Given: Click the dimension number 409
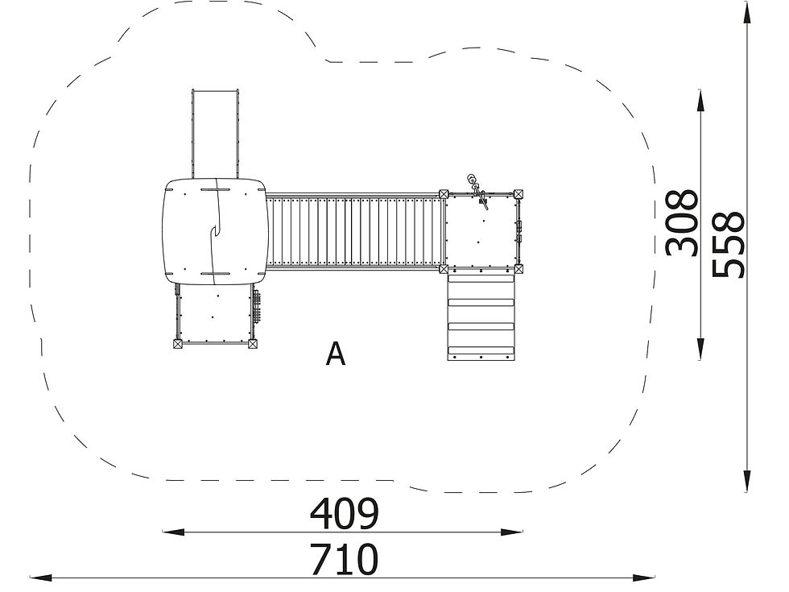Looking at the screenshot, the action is [344, 514].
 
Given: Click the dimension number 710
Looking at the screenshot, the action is [344, 559].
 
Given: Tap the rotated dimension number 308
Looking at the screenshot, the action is [683, 222].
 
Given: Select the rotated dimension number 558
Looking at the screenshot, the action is [728, 245].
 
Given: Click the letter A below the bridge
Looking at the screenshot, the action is [336, 354].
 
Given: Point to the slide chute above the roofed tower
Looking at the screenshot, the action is [215, 135].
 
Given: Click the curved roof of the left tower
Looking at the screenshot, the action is [214, 232].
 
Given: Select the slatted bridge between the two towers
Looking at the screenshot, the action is [354, 232].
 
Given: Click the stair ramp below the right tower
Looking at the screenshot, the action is [481, 317].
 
